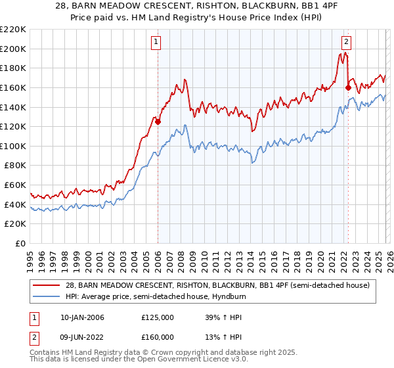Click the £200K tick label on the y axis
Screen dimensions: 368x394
[14, 49]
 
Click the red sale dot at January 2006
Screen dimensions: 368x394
[158, 122]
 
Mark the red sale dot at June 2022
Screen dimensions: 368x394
[348, 87]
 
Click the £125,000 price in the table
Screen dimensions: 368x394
[158, 317]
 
